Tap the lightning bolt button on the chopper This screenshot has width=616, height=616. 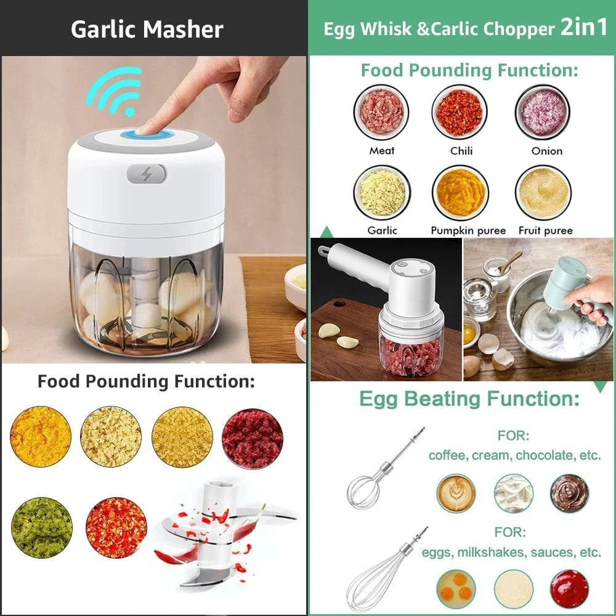147,174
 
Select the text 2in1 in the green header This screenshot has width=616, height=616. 583,28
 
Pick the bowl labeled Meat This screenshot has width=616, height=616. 382,112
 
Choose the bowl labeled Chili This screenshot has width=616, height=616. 460,112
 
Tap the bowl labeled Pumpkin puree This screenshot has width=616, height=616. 460,193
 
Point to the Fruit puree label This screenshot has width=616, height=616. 546,231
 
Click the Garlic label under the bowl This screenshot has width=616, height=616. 382,231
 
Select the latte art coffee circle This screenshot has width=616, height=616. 456,493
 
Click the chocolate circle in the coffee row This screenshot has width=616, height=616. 569,493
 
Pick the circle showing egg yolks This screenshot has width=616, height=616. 456,588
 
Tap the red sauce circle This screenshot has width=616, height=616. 569,588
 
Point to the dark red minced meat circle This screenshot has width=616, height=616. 253,438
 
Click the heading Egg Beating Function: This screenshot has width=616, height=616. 469,399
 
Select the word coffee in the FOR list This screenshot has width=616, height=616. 451,456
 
